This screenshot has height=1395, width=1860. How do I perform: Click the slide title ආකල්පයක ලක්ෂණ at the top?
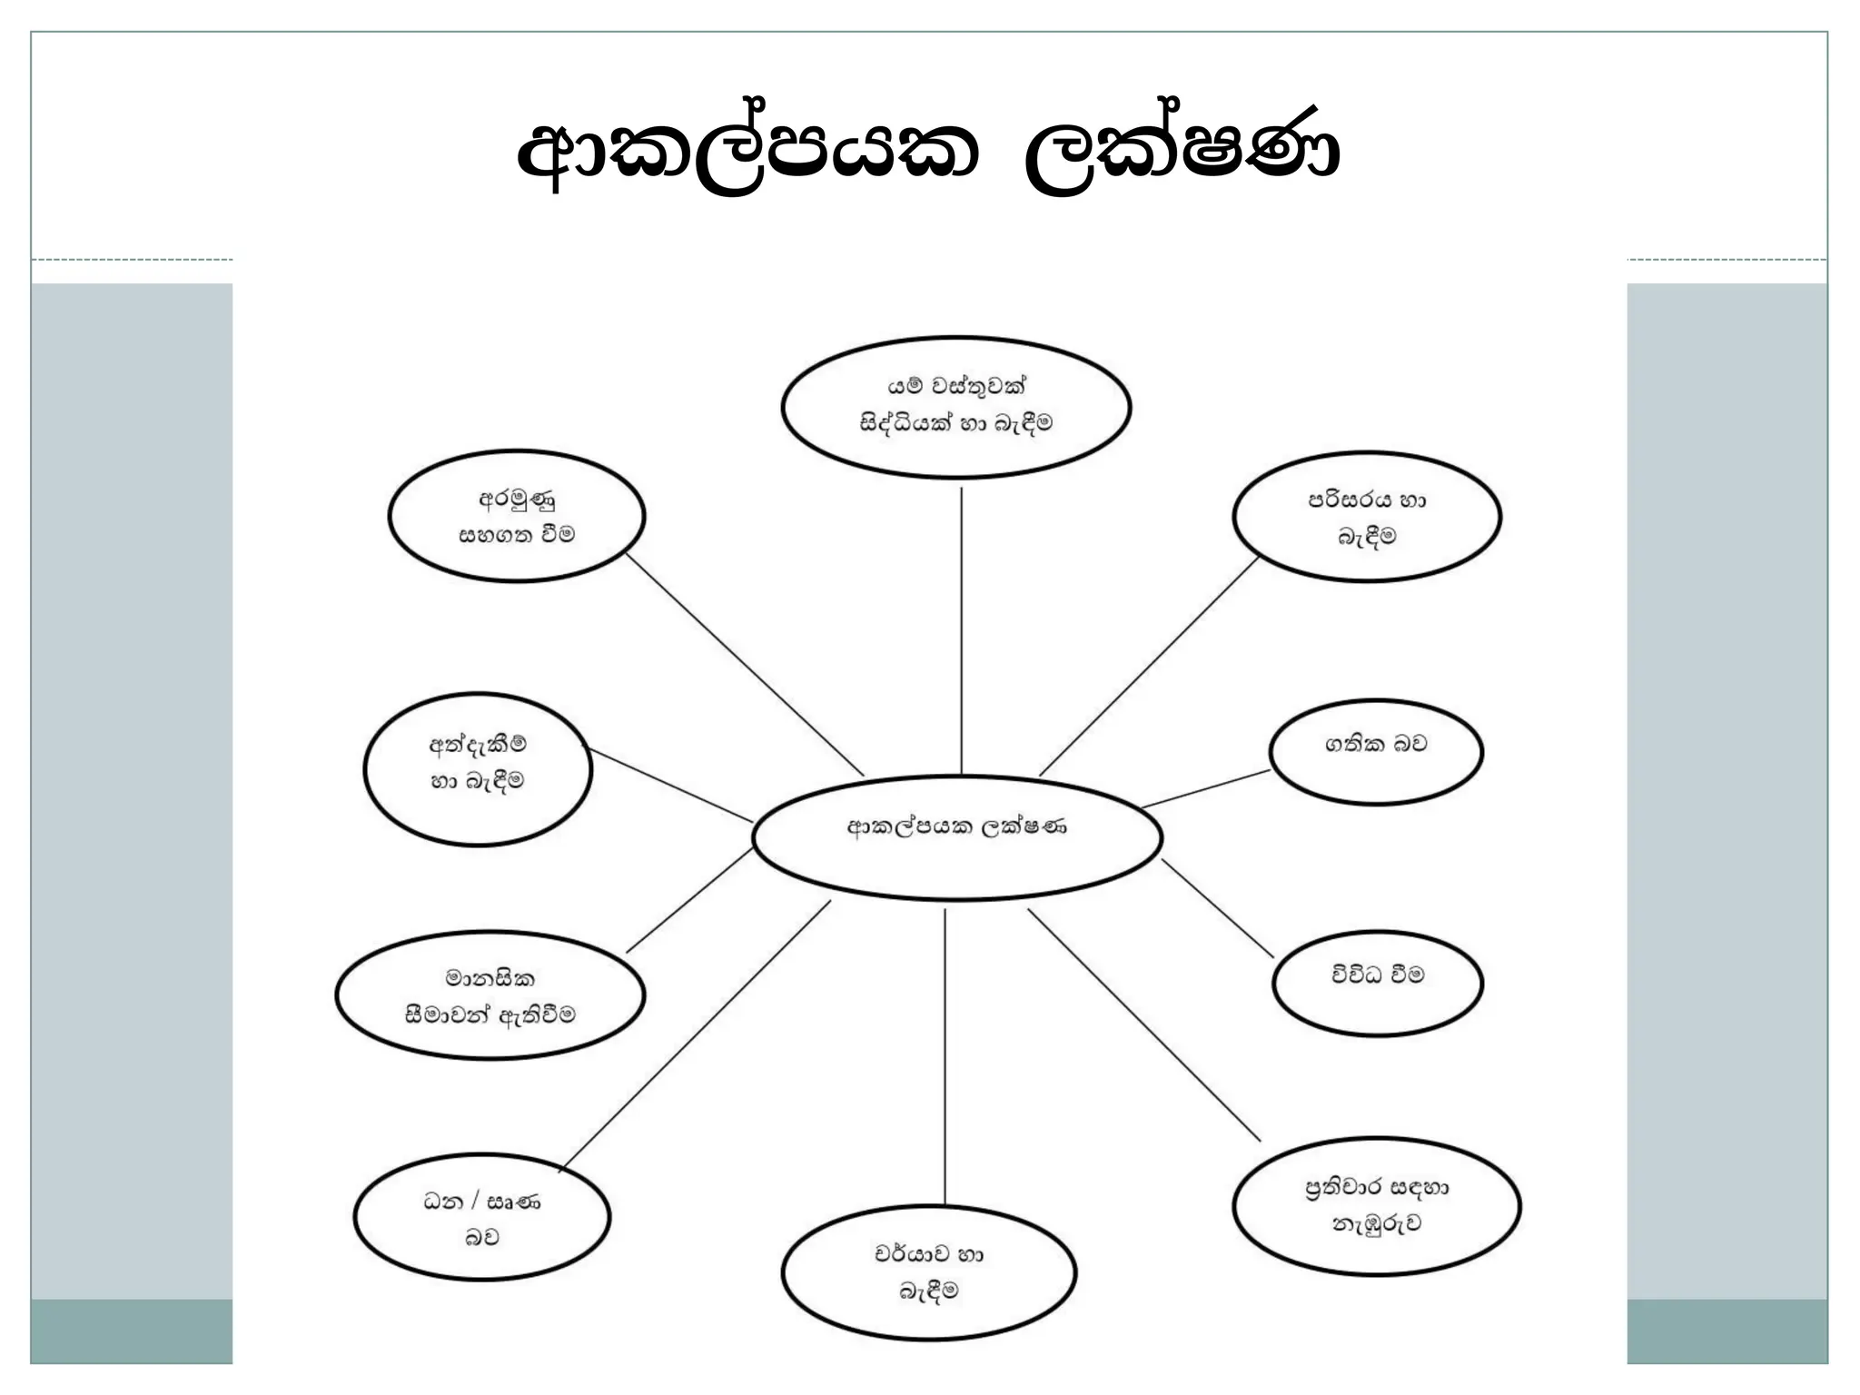[x=928, y=154]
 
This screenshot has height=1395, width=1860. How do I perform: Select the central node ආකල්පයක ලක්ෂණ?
[x=957, y=837]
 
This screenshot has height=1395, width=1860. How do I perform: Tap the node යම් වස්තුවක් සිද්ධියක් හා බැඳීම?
[x=955, y=406]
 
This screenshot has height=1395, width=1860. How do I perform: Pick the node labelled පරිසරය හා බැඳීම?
[x=1366, y=517]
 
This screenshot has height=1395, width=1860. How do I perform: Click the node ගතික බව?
[x=1375, y=751]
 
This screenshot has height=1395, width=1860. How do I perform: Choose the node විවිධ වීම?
[x=1377, y=983]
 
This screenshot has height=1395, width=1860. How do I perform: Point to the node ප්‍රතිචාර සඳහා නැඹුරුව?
[x=1376, y=1205]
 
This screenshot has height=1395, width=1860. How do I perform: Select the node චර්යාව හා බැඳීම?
[x=928, y=1272]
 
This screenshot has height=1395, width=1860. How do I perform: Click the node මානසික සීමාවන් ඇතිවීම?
[x=490, y=996]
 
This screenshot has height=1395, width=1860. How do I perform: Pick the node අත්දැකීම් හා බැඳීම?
[x=478, y=769]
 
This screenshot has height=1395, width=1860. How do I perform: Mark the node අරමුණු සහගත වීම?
[x=517, y=516]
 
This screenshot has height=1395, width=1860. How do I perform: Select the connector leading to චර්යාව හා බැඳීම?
[x=945, y=1054]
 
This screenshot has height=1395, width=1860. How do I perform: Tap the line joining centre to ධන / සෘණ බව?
[x=695, y=1035]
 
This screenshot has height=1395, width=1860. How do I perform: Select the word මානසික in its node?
[x=490, y=978]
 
